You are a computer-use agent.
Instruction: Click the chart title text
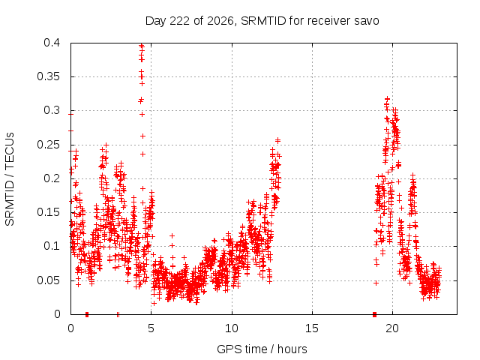(x=262, y=21)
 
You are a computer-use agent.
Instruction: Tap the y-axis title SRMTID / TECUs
(x=10, y=179)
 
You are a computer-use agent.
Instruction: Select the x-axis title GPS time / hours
(x=262, y=349)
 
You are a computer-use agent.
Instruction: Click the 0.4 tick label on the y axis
(x=52, y=43)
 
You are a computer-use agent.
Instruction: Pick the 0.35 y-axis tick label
(x=48, y=76)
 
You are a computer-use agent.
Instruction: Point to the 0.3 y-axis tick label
(x=52, y=110)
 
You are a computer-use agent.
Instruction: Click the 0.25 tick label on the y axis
(x=48, y=145)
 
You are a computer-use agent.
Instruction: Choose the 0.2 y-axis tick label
(x=52, y=178)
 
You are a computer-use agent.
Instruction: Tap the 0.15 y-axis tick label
(x=48, y=212)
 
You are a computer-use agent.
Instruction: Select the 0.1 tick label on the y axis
(x=52, y=246)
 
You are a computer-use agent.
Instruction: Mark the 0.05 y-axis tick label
(x=48, y=280)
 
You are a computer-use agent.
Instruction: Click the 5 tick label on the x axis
(x=151, y=328)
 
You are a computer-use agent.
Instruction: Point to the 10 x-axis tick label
(x=232, y=328)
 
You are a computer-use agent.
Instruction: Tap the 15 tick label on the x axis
(x=312, y=328)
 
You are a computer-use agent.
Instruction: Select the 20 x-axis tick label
(x=392, y=328)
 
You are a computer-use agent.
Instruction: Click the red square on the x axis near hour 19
(x=375, y=314)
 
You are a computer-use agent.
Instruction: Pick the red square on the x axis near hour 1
(x=87, y=314)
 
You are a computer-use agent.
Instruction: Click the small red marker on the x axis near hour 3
(x=118, y=314)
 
